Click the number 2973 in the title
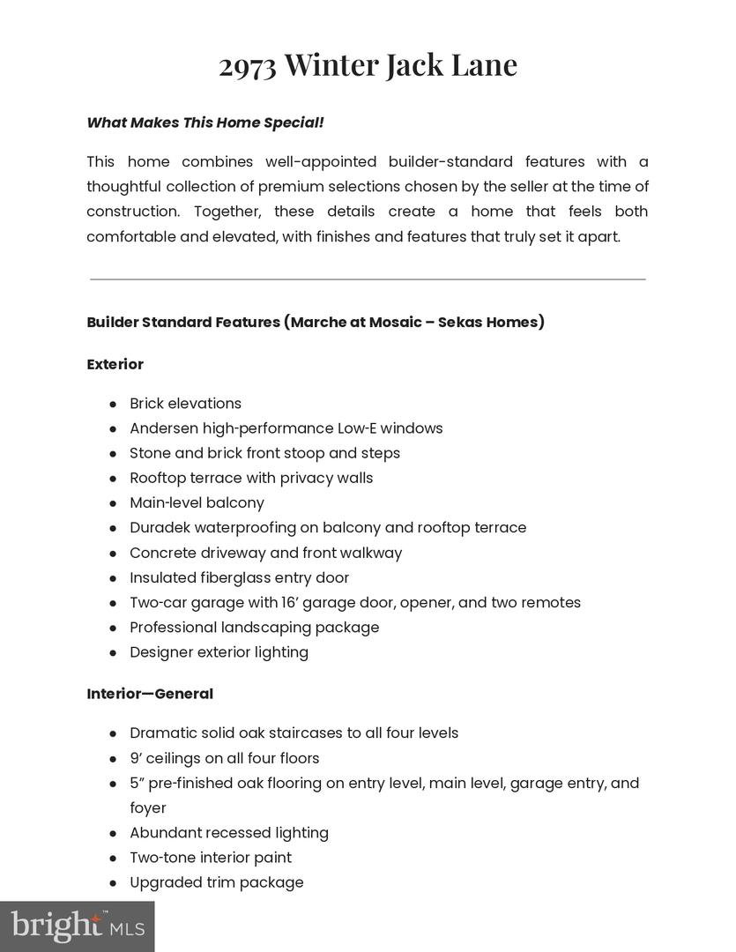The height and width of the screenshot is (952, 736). point(248,66)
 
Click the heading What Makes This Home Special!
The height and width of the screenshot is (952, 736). point(205,123)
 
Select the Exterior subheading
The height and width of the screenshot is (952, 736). point(115,364)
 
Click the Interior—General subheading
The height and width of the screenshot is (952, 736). point(150,694)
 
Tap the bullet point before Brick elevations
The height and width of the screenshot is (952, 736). point(114,404)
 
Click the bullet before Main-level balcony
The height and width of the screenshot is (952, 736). point(114,503)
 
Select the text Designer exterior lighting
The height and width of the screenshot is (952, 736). point(219,652)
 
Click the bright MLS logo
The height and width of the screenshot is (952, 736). point(77,926)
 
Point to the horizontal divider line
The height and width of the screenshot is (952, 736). point(368,279)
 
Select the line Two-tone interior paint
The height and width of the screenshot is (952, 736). point(211,858)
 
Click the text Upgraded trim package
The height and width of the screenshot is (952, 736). point(216,882)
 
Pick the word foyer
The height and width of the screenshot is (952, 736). point(147,808)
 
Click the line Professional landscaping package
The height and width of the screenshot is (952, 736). point(254,628)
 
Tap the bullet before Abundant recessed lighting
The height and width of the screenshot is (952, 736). point(114,833)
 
